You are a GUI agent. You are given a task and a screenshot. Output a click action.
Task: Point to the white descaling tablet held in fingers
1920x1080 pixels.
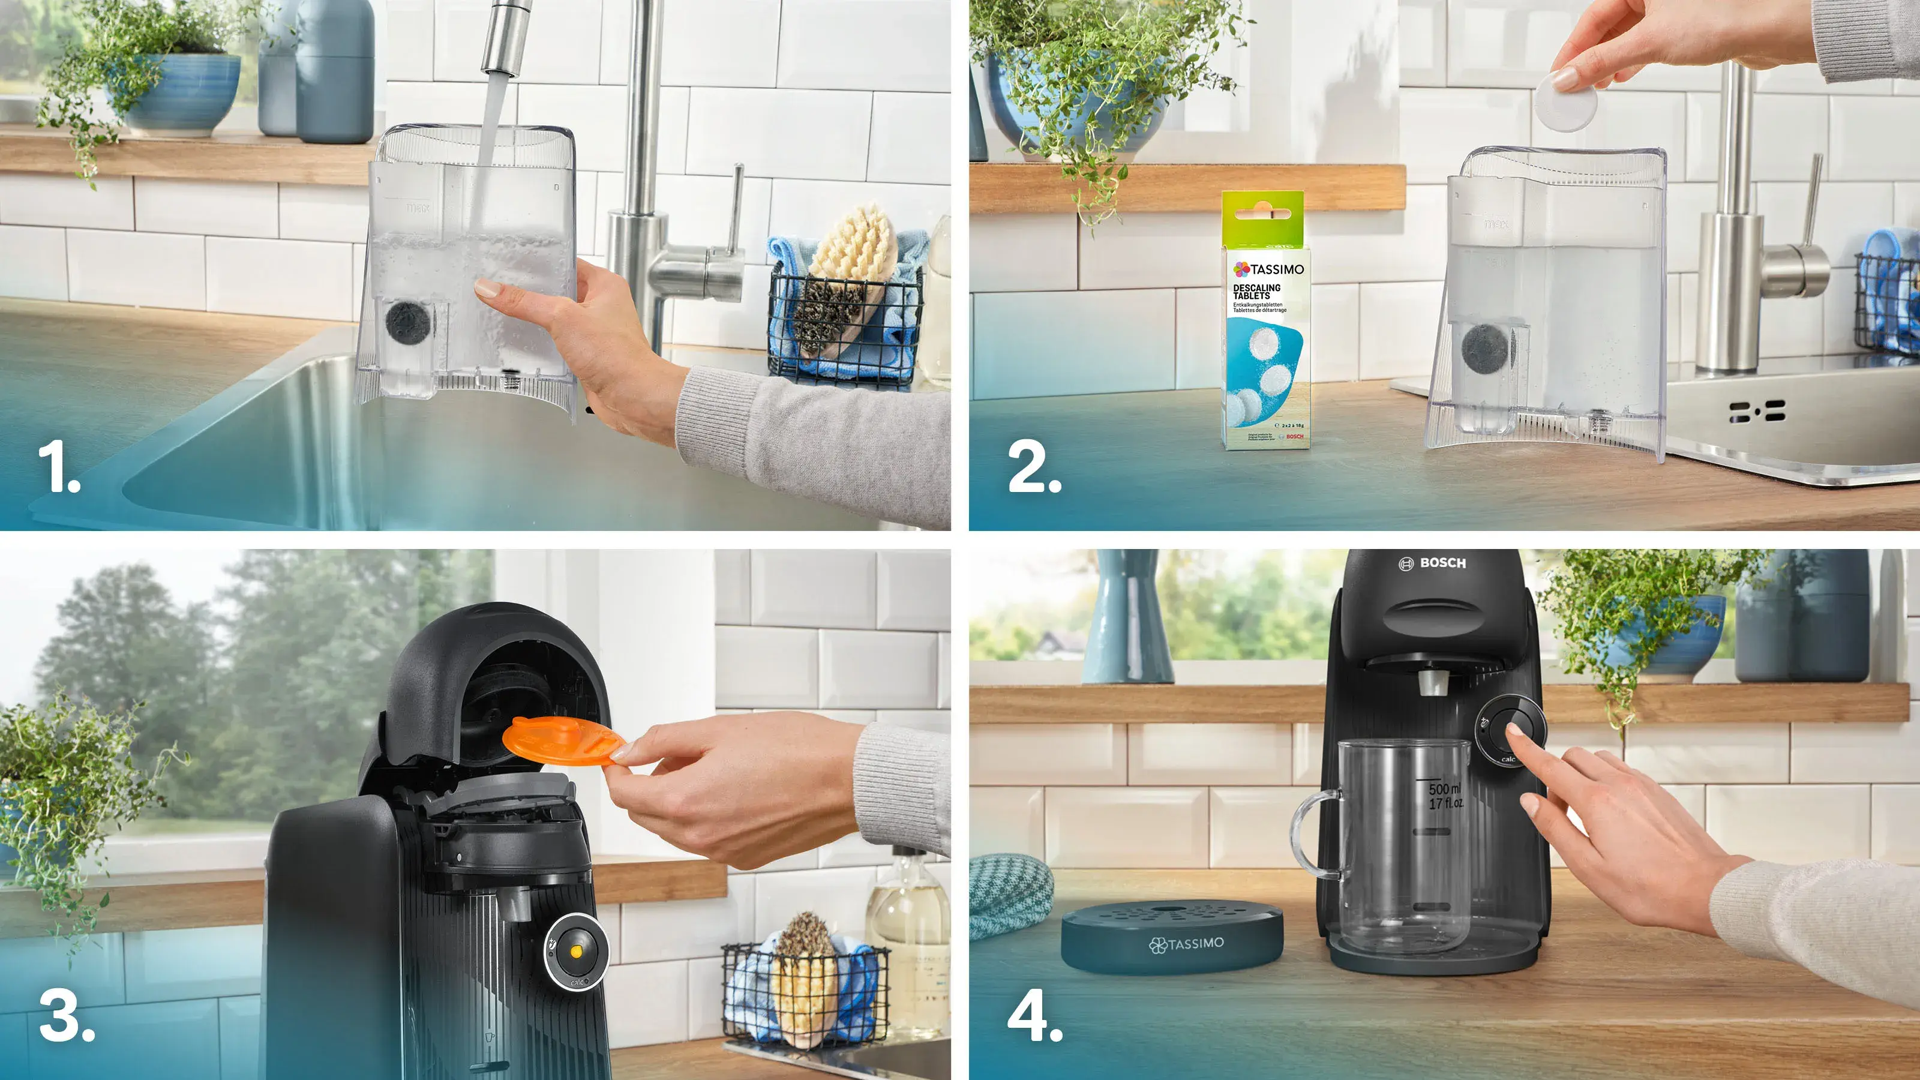[1566, 101]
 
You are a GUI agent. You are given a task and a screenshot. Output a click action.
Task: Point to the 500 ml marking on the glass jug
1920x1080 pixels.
[1444, 788]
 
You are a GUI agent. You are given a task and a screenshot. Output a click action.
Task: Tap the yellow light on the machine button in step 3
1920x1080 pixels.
[575, 951]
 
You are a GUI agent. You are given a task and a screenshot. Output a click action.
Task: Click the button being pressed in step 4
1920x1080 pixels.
[1510, 729]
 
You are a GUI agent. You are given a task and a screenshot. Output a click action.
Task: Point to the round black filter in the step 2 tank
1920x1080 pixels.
[1485, 348]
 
